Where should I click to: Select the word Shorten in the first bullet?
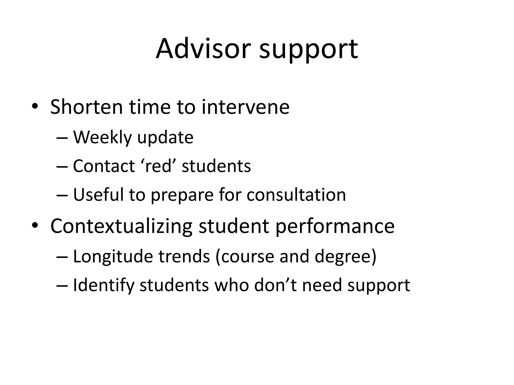tap(86, 107)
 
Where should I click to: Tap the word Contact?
tap(104, 166)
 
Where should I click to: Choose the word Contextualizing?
tap(121, 226)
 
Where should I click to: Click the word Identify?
tap(103, 286)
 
